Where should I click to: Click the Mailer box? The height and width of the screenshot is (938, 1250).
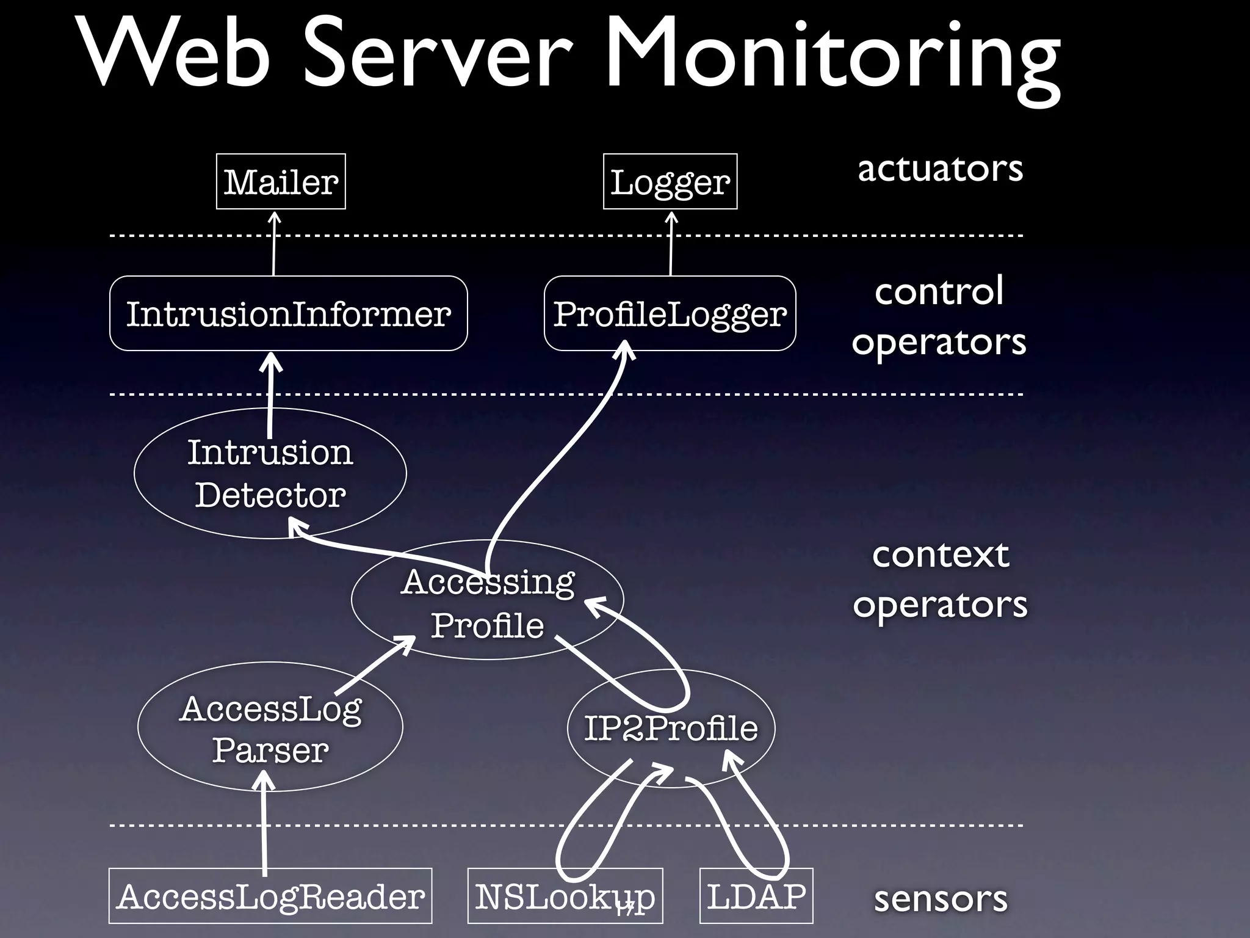[x=281, y=181]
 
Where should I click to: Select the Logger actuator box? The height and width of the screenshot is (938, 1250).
[x=670, y=181]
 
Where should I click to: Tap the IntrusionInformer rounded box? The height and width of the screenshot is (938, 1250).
[x=288, y=313]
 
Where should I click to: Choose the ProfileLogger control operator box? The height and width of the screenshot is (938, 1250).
[x=670, y=313]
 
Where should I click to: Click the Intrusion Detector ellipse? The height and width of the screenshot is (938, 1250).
[x=270, y=473]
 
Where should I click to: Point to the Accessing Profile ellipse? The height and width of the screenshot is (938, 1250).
[x=487, y=602]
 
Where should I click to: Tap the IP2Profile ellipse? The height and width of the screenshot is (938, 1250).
[x=671, y=728]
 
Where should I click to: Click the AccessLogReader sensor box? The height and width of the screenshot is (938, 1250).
[x=270, y=896]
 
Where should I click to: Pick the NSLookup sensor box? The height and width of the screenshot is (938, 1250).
[x=565, y=896]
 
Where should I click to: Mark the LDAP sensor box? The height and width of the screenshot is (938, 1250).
[x=756, y=896]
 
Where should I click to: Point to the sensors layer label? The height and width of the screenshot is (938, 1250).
[x=940, y=899]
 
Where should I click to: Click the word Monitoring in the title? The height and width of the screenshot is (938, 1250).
[x=833, y=58]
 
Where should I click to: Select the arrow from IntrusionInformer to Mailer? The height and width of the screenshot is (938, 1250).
[x=274, y=244]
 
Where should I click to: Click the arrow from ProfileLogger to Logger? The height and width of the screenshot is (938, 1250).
[x=671, y=244]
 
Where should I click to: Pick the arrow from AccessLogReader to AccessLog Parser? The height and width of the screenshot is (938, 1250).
[x=264, y=824]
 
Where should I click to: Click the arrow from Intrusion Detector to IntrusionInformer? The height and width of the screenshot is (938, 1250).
[x=270, y=391]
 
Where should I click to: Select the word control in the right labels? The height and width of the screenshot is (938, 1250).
[x=939, y=291]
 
